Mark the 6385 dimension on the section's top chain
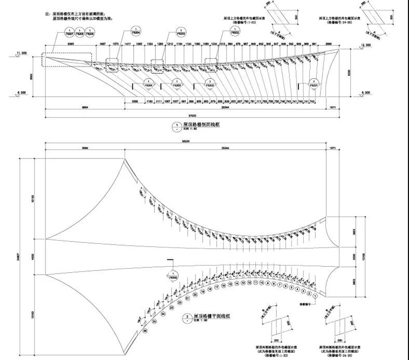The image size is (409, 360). [x=70, y=43]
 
